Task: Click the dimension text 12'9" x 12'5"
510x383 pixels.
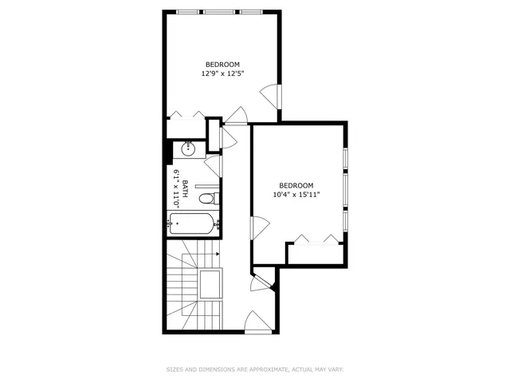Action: point(222,73)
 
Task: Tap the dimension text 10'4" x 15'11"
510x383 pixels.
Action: point(296,194)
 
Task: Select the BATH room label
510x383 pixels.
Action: point(186,189)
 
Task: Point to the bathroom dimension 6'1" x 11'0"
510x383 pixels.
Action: point(176,189)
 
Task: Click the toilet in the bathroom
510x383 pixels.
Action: point(207,199)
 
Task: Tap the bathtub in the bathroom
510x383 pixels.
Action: point(192,224)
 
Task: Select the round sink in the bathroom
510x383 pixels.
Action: point(190,148)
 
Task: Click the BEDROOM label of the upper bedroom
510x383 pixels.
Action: point(222,65)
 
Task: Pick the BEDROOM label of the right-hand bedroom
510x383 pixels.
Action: point(296,185)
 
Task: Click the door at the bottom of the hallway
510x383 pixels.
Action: point(257,322)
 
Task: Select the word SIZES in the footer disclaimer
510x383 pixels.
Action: point(175,369)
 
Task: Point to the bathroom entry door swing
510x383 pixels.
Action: point(213,166)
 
